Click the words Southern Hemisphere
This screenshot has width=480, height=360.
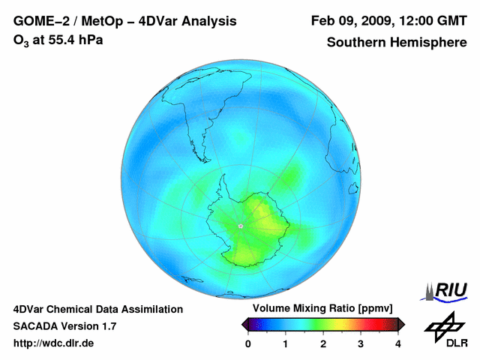397,42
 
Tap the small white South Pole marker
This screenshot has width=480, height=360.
241,226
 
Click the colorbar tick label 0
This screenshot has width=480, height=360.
248,343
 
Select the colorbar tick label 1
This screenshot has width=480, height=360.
286,343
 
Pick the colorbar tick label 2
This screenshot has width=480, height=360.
323,343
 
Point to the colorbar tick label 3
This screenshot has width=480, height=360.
361,343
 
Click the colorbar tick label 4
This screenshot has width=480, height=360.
398,343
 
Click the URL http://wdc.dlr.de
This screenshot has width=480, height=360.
54,343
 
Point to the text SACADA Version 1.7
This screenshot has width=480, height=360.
64,326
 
